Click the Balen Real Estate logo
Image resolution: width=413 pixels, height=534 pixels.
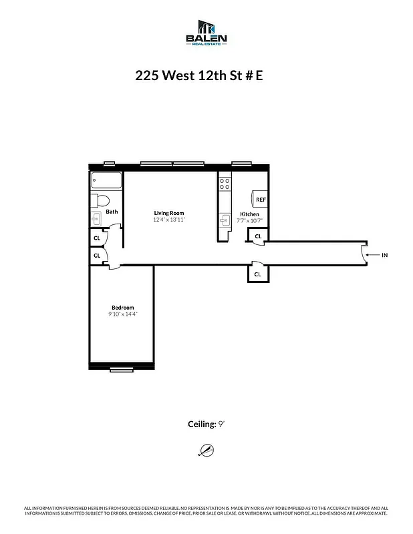tap(206, 33)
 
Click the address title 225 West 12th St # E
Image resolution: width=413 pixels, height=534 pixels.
tap(199, 75)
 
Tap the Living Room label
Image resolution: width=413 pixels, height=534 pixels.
tap(168, 213)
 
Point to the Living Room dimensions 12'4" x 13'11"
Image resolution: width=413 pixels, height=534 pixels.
tap(168, 220)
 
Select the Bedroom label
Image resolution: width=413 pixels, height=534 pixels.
tap(123, 307)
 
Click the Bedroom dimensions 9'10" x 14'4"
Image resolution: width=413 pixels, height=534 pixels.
tap(123, 314)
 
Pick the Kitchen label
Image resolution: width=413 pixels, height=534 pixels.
tap(249, 214)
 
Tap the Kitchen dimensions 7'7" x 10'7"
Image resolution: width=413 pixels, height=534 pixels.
tap(249, 221)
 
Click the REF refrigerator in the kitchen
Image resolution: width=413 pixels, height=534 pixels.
tap(259, 200)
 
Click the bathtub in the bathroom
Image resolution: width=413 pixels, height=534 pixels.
tap(107, 181)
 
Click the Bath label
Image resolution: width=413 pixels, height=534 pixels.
tap(112, 212)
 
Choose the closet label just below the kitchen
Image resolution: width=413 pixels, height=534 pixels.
tap(257, 236)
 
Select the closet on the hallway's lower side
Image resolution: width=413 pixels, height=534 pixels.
tap(257, 274)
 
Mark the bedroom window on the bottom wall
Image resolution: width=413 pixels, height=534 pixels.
tap(122, 369)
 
